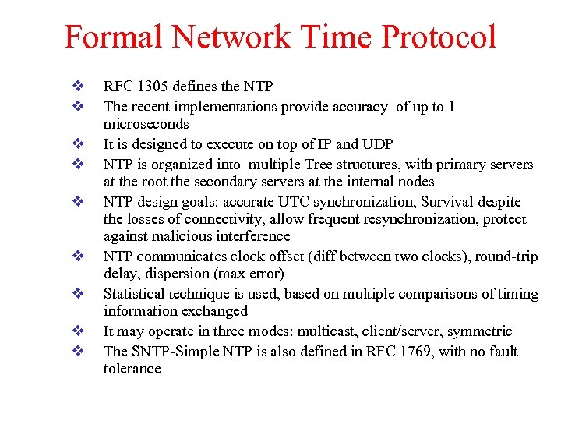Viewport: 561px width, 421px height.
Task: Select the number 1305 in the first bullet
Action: point(146,86)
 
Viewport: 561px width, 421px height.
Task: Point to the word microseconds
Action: point(146,124)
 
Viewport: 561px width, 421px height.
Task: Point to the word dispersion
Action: point(176,273)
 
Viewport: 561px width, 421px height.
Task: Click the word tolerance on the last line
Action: point(132,368)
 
